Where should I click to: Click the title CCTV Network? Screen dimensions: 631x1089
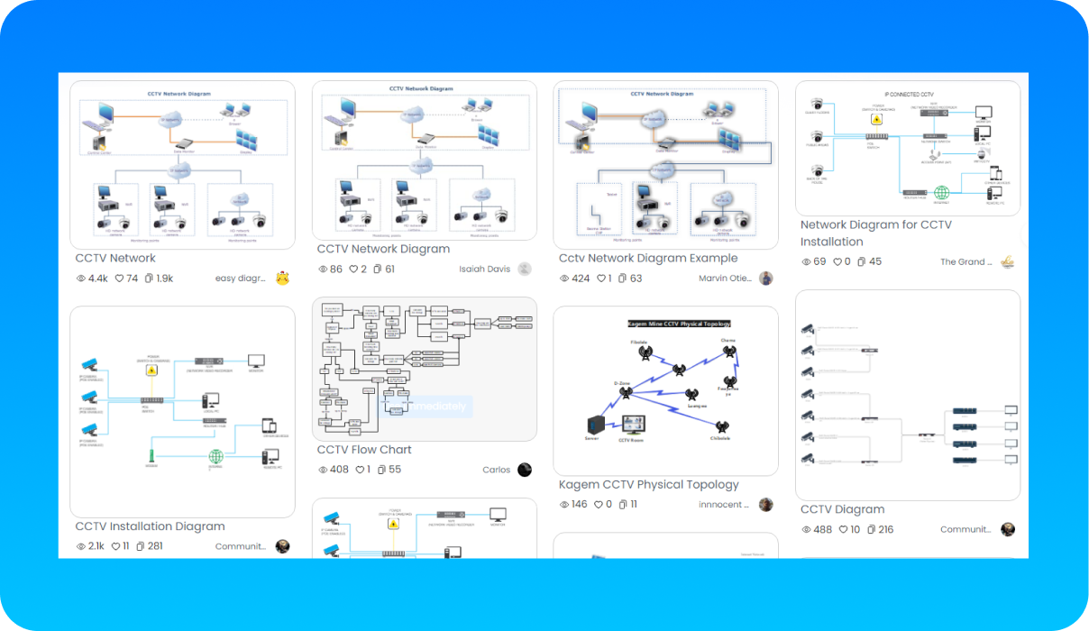pos(115,259)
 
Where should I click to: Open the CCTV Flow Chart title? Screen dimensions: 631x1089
pos(364,450)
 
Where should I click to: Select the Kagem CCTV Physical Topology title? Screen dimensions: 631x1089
pos(648,485)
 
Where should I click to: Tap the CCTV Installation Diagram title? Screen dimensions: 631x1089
pos(150,526)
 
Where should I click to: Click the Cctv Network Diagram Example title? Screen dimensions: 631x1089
pos(648,259)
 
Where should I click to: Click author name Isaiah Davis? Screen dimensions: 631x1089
pos(485,269)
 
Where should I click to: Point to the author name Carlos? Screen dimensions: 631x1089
pos(496,470)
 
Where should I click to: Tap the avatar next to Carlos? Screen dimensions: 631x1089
pos(525,470)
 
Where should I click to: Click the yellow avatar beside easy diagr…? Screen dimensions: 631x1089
pos(283,278)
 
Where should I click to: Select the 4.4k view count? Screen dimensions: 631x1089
pos(97,279)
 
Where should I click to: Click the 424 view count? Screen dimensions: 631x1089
pos(581,279)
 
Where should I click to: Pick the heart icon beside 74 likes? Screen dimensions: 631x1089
pos(118,279)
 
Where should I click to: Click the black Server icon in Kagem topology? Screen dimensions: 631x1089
pos(594,425)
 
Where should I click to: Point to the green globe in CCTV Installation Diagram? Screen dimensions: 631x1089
pos(215,456)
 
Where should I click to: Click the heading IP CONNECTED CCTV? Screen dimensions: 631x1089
pos(908,94)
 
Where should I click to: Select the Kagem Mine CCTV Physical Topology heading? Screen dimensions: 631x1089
pos(679,323)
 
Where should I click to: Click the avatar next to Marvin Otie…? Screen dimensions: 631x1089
pos(766,279)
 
